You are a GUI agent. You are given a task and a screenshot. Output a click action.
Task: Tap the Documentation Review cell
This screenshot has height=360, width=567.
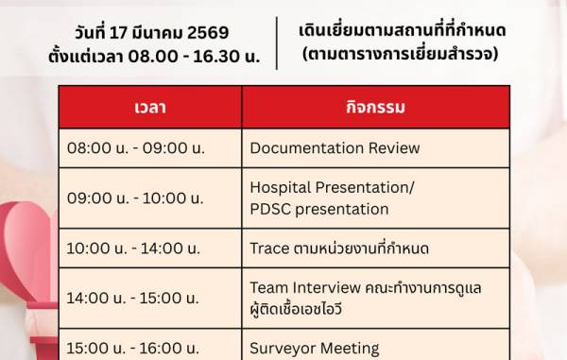pyautogui.click(x=335, y=148)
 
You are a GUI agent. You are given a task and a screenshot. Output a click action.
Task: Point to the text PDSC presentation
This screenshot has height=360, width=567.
pyautogui.click(x=318, y=209)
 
